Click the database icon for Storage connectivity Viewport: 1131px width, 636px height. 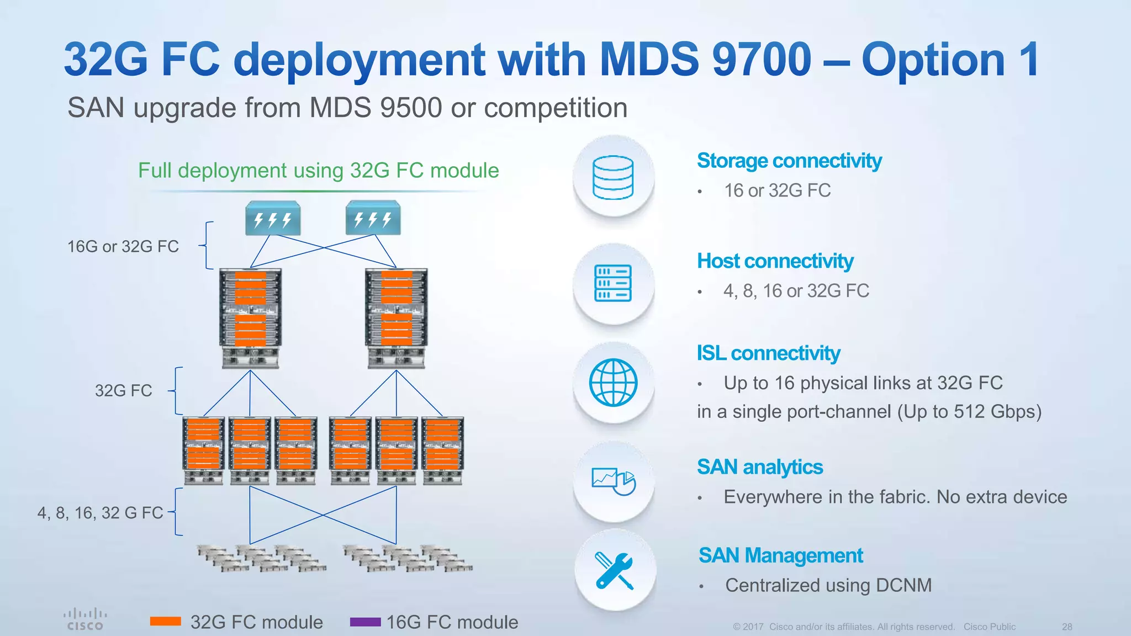613,177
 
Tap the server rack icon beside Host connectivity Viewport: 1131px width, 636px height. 613,283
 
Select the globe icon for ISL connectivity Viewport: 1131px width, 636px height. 613,383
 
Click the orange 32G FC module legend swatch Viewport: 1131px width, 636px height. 166,622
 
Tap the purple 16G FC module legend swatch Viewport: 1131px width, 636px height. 365,622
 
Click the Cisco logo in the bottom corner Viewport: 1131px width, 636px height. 85,619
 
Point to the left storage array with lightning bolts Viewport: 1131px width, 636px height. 273,219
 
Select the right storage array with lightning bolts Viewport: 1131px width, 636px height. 373,219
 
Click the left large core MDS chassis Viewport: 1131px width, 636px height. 250,317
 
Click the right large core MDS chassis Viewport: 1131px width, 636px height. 397,317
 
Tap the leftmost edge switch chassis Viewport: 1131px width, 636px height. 203,451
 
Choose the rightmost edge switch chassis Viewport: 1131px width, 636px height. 442,451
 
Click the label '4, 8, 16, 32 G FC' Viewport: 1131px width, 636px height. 100,513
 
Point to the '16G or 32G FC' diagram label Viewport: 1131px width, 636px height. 123,246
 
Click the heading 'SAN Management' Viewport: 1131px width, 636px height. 780,555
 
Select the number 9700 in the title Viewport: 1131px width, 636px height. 762,60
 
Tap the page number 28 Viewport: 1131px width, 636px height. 1066,627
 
